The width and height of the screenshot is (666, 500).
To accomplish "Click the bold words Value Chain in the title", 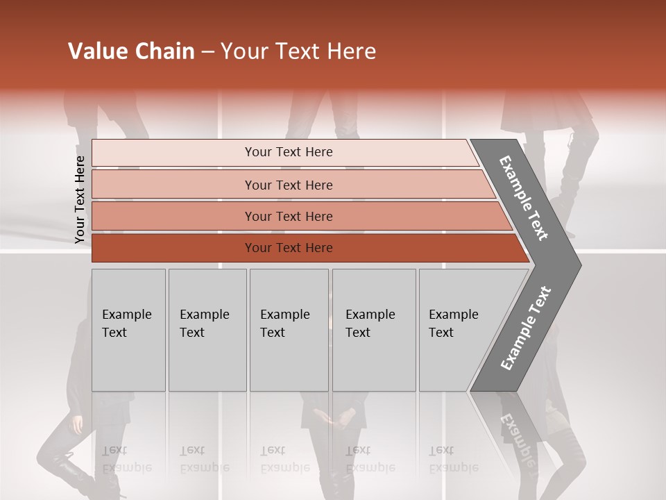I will [131, 51].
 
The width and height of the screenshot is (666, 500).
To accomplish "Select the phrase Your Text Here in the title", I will [298, 51].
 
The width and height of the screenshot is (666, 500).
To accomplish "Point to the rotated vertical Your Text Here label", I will [80, 199].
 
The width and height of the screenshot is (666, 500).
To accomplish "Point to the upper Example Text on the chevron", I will [524, 198].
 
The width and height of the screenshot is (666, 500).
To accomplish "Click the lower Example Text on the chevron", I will [526, 328].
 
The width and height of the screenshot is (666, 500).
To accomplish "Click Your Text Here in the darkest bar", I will [289, 248].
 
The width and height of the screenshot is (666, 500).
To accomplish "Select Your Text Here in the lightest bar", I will [289, 152].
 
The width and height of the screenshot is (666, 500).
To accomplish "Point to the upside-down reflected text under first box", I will [126, 459].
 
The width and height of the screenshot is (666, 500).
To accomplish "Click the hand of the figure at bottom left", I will [77, 423].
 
